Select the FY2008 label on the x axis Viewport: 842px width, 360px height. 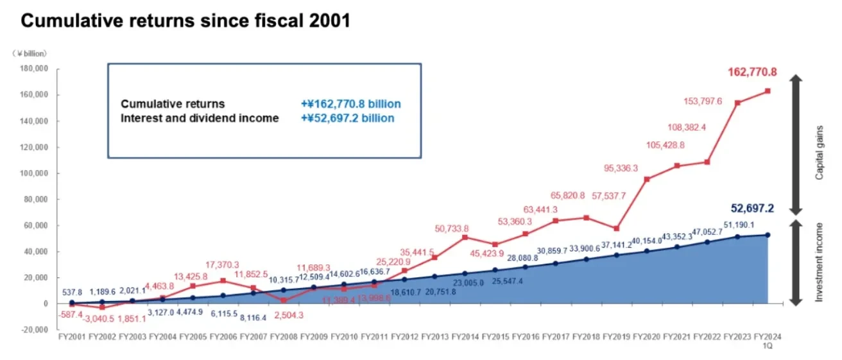coord(284,336)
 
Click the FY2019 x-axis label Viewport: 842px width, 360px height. coord(616,336)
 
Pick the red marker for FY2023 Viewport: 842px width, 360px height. coord(737,103)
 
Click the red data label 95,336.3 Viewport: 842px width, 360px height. coord(620,169)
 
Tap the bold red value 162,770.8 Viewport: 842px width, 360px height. coord(752,73)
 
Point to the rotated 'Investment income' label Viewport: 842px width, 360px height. coord(819,262)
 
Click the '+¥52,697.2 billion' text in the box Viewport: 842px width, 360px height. coord(347,118)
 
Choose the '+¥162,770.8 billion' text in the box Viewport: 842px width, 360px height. coord(350,104)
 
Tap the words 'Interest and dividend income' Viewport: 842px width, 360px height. coord(200,118)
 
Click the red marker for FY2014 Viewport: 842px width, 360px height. coord(465,237)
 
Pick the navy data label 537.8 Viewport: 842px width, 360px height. coord(72,292)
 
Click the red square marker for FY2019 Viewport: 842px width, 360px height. coord(616,228)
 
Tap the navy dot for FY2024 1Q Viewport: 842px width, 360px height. coord(768,235)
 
